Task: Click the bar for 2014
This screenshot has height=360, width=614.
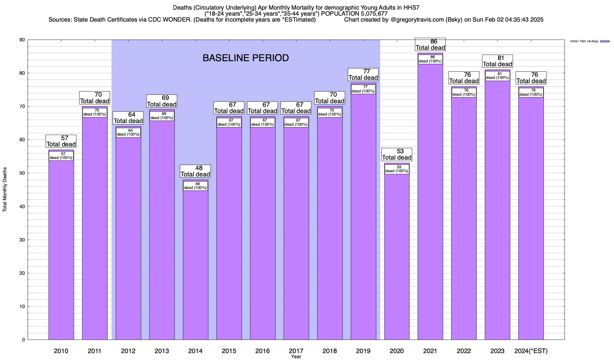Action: tap(195, 264)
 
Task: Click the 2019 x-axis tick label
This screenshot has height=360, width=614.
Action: tap(363, 351)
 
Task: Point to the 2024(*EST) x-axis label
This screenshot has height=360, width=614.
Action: tap(531, 351)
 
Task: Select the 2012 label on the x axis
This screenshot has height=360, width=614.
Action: tap(128, 351)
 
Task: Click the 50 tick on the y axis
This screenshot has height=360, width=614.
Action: tap(23, 173)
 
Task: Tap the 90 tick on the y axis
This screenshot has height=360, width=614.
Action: tap(23, 40)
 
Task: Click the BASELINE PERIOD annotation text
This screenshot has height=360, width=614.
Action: tap(246, 58)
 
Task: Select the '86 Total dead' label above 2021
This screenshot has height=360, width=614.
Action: tap(430, 45)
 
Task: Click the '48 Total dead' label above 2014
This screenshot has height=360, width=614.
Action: tap(195, 171)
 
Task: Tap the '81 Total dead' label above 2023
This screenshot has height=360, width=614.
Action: tap(497, 61)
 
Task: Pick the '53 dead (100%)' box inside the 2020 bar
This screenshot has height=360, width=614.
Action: tap(397, 169)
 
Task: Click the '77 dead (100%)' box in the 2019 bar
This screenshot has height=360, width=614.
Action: tap(363, 89)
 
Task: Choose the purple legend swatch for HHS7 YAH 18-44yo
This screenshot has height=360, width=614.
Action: tap(605, 41)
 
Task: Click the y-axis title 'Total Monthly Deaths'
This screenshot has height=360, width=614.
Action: tap(5, 190)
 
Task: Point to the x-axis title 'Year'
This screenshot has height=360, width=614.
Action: tap(296, 357)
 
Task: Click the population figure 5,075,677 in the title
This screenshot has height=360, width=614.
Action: tap(370, 14)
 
